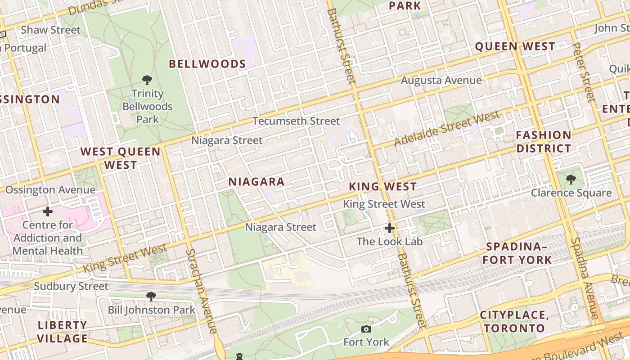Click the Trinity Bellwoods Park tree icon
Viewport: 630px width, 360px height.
coord(147,80)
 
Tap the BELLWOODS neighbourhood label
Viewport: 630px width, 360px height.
coord(207,64)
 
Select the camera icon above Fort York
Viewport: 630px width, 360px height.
coord(366,329)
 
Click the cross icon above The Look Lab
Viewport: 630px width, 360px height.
coord(390,228)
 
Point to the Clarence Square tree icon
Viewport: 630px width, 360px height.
coord(571,180)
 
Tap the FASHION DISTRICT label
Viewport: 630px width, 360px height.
coord(543,141)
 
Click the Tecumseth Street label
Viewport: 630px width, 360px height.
coord(296,121)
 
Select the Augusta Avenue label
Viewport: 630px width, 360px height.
coord(441,81)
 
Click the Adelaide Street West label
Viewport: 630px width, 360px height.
coord(447,128)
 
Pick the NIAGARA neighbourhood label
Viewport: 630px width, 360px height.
coord(256,182)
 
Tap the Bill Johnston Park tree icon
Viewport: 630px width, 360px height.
coord(151,296)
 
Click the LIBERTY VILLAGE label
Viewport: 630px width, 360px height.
coord(62,332)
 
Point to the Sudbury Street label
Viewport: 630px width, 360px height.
coord(71,286)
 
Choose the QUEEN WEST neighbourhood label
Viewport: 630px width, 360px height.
coord(515,46)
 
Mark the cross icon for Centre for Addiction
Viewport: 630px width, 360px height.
coord(47,211)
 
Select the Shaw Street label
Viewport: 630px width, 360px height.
coord(50,30)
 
